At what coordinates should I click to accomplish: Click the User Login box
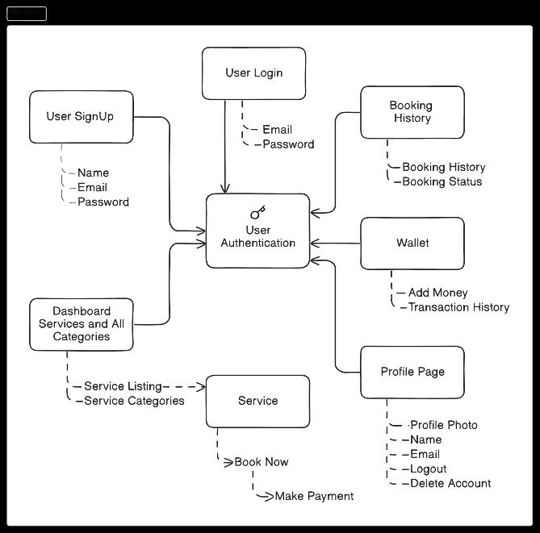[x=253, y=73]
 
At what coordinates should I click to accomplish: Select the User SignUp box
[x=81, y=117]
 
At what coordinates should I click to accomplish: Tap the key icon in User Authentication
[x=258, y=213]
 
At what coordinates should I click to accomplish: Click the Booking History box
[x=412, y=112]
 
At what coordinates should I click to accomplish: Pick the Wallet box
[x=412, y=243]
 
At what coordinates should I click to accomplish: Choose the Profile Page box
[x=412, y=372]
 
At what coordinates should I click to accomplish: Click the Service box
[x=257, y=401]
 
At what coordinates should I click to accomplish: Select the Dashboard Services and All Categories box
[x=81, y=324]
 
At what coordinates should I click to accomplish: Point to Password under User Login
[x=288, y=144]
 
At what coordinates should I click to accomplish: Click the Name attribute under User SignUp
[x=93, y=173]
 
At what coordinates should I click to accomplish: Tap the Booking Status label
[x=442, y=181]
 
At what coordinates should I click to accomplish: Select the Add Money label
[x=438, y=293]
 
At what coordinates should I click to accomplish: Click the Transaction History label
[x=458, y=307]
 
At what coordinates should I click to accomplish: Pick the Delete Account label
[x=450, y=483]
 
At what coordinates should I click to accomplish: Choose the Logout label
[x=428, y=468]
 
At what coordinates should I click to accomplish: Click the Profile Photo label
[x=444, y=425]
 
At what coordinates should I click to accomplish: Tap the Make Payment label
[x=314, y=496]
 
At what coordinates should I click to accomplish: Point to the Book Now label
[x=262, y=462]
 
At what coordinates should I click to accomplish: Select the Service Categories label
[x=134, y=401]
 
